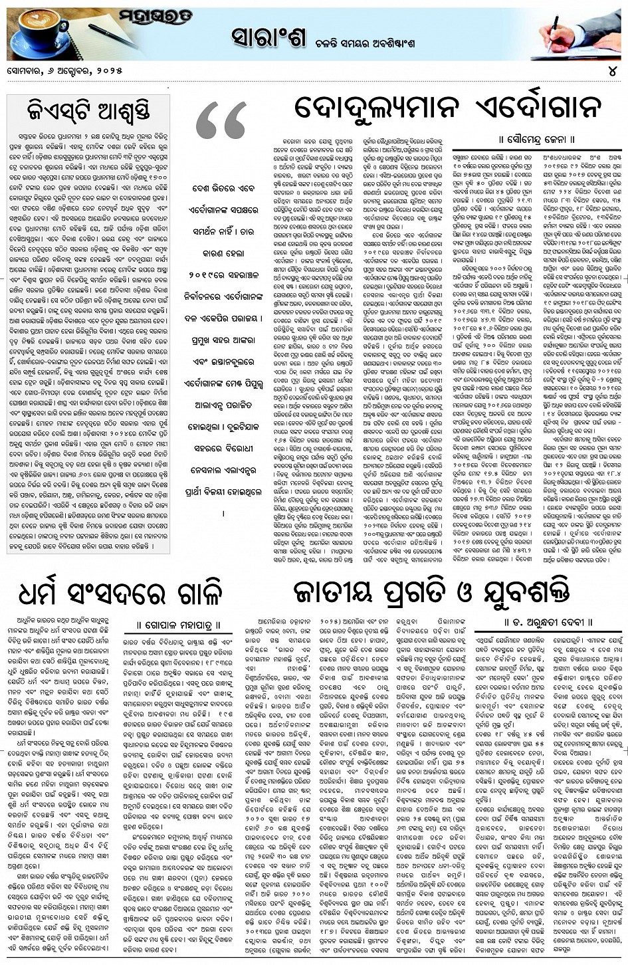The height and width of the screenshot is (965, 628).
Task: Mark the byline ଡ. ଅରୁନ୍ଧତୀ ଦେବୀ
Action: [x=546, y=623]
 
